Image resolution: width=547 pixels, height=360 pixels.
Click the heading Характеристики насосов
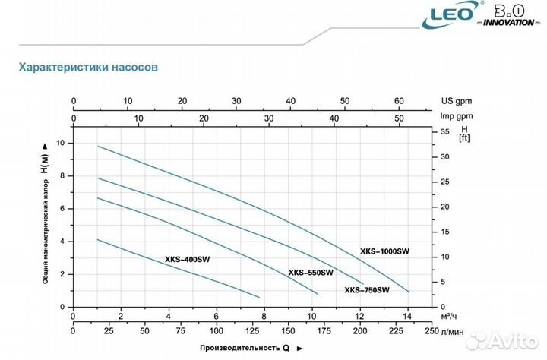point(88,68)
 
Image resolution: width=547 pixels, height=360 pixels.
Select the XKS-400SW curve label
point(188,259)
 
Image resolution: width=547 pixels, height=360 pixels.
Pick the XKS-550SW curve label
point(311,273)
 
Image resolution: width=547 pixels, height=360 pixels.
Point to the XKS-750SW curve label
point(367,289)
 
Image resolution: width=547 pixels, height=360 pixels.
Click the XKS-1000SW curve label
point(384,251)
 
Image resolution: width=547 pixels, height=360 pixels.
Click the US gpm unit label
point(456,100)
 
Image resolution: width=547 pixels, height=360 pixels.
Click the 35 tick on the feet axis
point(445,131)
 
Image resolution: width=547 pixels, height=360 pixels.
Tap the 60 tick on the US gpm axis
point(399,100)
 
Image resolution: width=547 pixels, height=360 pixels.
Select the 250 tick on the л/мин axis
point(431,331)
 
